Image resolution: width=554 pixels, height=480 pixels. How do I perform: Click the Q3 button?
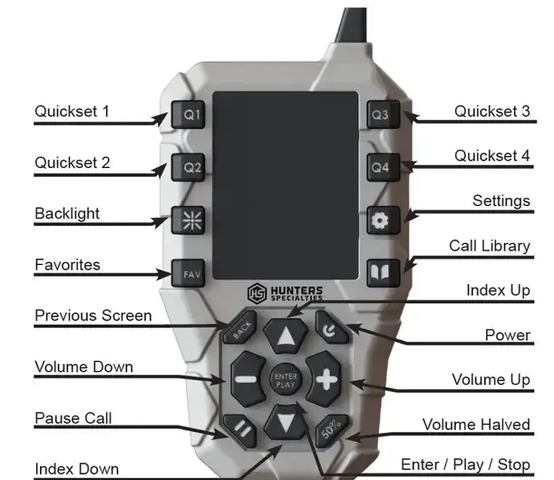[379, 115]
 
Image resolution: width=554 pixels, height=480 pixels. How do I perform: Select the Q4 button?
[379, 168]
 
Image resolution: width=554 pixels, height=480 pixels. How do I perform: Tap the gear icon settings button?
[379, 220]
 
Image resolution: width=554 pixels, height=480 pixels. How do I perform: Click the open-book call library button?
[379, 271]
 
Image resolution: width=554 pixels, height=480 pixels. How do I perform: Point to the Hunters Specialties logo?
[285, 293]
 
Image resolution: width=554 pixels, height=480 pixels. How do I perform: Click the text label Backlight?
[67, 214]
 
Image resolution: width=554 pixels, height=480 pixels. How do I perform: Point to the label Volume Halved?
[476, 425]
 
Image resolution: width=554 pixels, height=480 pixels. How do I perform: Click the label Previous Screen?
[92, 316]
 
